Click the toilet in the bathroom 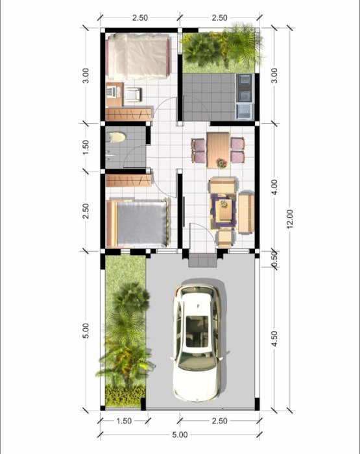point(116,137)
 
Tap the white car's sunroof point(197,331)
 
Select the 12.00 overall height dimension point(290,219)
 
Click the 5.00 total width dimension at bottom point(180,435)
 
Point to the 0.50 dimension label point(275,259)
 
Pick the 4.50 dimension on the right point(275,339)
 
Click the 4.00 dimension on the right point(275,187)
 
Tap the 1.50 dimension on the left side point(86,147)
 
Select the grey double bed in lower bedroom point(138,223)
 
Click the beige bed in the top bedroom point(138,56)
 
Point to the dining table point(219,150)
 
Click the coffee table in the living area point(224,209)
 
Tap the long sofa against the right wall point(246,212)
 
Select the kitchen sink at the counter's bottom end point(245,112)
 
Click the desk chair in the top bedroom point(133,94)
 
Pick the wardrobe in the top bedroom point(129,114)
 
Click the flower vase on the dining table point(222,163)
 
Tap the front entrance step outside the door point(203,259)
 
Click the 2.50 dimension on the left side point(86,211)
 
